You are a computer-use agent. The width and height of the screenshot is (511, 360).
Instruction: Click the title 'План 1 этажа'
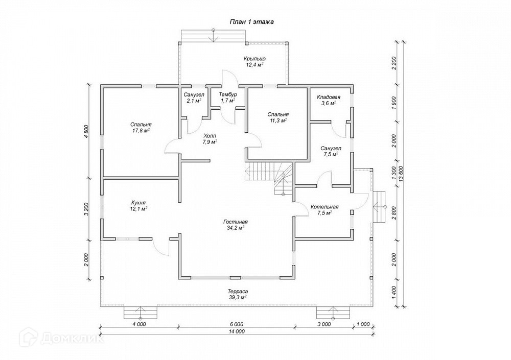point(251,22)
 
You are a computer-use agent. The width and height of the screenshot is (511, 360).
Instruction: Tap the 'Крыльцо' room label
point(254,59)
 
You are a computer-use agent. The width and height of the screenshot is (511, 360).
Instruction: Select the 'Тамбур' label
point(227,94)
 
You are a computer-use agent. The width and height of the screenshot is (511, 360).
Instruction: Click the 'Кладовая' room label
point(329,97)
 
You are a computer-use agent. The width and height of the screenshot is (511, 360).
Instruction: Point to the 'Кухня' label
point(139,202)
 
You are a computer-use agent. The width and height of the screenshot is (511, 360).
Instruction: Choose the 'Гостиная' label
point(236,222)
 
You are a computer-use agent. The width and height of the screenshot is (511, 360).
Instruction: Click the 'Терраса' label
point(238,291)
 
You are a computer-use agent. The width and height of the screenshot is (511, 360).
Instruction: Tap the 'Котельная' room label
point(325,207)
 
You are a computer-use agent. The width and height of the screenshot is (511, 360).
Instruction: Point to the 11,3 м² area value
point(278,121)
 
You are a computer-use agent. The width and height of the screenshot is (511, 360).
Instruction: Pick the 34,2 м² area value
point(236,228)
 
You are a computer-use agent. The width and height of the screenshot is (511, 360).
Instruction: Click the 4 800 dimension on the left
point(86,132)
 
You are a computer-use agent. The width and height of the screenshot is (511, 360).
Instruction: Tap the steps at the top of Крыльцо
point(214,35)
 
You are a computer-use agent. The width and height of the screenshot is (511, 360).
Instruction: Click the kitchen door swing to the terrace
point(163,247)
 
